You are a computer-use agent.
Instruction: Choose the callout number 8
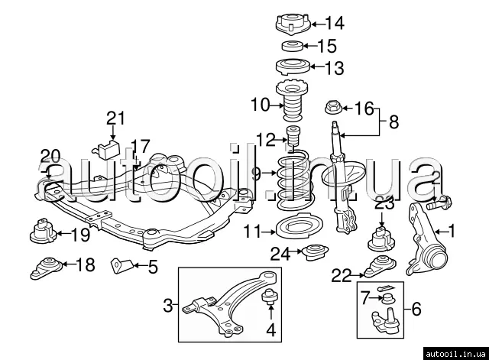394,121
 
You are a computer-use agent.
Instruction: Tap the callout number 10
260,103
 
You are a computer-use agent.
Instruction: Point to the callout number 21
115,118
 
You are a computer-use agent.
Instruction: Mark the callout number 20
50,156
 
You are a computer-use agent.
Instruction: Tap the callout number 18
85,265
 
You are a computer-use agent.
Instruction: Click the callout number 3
168,307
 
